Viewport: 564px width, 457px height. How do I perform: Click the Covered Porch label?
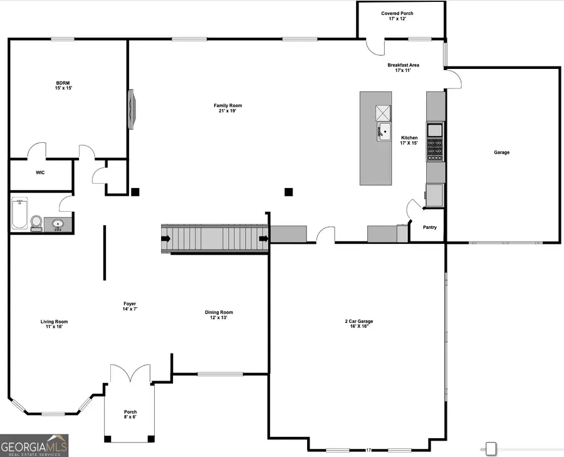pos(397,16)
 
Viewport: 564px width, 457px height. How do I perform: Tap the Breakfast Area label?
pos(403,68)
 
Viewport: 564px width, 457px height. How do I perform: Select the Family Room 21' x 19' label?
pos(227,108)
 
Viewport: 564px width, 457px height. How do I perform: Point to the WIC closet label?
pos(40,172)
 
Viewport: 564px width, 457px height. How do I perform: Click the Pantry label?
pos(430,228)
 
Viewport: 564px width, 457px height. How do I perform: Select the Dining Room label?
pos(219,315)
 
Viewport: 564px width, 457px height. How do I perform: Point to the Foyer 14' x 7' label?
pos(130,306)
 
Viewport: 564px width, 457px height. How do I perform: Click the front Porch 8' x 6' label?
pos(130,414)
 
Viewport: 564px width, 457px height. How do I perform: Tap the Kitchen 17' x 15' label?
pos(409,140)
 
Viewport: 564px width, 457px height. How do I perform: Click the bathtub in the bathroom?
pos(19,214)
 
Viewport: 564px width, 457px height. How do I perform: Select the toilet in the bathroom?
pos(36,223)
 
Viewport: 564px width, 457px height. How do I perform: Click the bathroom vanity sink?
pos(58,223)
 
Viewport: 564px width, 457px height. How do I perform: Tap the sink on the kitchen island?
pos(383,132)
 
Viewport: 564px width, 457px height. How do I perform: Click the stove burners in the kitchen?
pos(435,150)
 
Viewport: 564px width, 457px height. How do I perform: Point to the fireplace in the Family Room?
pos(132,109)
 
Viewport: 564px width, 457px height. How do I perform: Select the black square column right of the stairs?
pos(289,192)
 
